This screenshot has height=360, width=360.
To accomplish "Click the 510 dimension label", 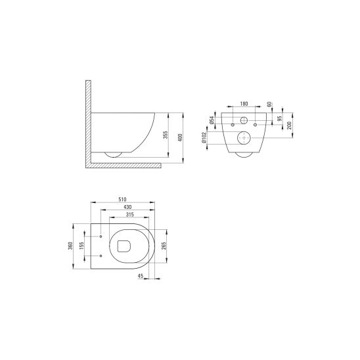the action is (122, 199).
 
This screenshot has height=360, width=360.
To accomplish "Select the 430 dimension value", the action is (127, 207).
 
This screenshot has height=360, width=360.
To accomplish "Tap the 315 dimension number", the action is (129, 215).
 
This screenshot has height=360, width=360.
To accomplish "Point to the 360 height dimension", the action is (70, 246).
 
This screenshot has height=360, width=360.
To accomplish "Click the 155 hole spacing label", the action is (81, 246).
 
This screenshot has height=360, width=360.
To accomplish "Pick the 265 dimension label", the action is (164, 246).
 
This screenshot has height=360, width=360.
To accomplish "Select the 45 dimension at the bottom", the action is (141, 276).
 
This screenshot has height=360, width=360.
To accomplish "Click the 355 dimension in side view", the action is (166, 135).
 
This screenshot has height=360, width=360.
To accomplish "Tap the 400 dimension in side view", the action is (180, 137).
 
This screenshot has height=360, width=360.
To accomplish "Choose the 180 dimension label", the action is (244, 104).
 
